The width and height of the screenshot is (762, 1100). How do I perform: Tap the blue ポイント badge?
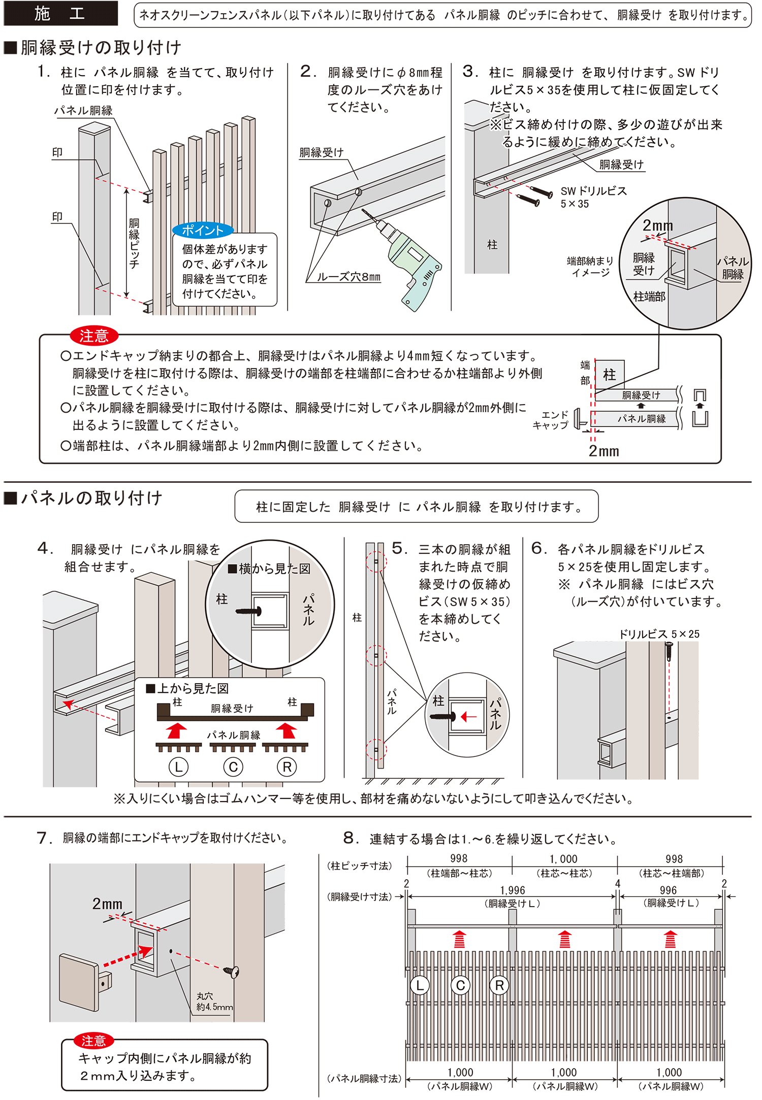pyautogui.click(x=202, y=230)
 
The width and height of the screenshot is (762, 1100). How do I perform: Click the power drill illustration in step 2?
pyautogui.click(x=411, y=264)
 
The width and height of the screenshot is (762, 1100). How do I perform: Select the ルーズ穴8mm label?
pyautogui.click(x=348, y=277)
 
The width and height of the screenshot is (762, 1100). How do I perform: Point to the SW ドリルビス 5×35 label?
pyautogui.click(x=593, y=197)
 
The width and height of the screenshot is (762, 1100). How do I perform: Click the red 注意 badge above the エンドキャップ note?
pyautogui.click(x=94, y=336)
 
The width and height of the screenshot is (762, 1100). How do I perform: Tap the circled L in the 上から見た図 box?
pyautogui.click(x=178, y=767)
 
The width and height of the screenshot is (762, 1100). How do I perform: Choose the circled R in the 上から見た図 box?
pyautogui.click(x=287, y=767)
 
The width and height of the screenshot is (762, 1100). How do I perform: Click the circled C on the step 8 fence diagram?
pyautogui.click(x=460, y=986)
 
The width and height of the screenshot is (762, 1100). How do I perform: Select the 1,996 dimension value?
pyautogui.click(x=512, y=890)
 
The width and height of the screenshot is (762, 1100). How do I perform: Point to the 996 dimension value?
pyautogui.click(x=668, y=890)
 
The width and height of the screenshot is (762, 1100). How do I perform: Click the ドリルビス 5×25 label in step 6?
pyautogui.click(x=659, y=634)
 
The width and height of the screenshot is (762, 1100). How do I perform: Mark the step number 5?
pyautogui.click(x=399, y=548)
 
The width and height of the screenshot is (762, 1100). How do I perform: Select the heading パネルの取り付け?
pyautogui.click(x=91, y=498)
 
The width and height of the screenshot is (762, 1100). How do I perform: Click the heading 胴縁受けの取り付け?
pyautogui.click(x=101, y=48)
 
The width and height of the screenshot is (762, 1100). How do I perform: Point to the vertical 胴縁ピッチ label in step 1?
pyautogui.click(x=134, y=244)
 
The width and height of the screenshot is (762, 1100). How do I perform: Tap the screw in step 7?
pyautogui.click(x=231, y=971)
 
